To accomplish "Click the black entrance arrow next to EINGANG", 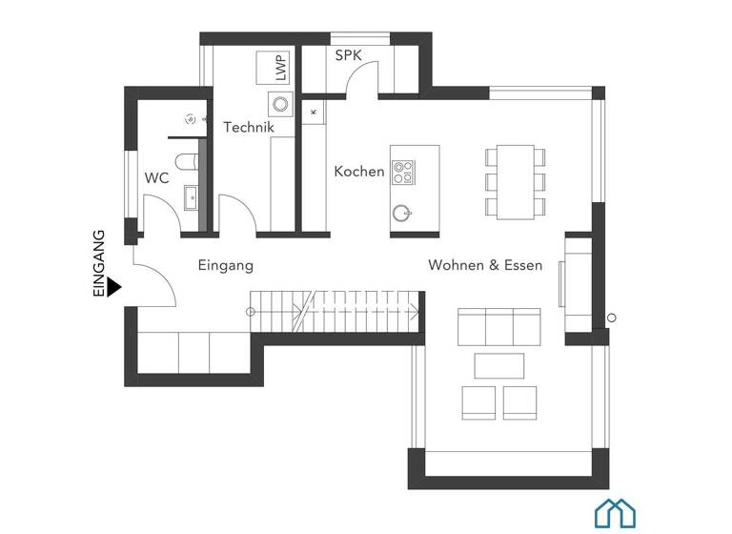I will coord(113,286).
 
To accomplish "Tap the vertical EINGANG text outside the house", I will coord(98,264).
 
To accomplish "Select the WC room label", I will coord(156,177).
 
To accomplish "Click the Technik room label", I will coord(249,127).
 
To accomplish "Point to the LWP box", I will coord(278,69).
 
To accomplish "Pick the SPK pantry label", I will coord(348,56).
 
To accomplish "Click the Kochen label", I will coord(358,172).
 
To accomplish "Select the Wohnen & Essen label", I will coord(484,264).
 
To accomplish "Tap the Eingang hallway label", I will coord(225,265).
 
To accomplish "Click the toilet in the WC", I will coord(186,160).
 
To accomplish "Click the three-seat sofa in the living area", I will coord(499,326).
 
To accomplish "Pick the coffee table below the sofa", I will coord(499,365).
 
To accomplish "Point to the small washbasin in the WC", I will coord(191,197).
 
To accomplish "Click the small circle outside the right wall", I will coord(612,318).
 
